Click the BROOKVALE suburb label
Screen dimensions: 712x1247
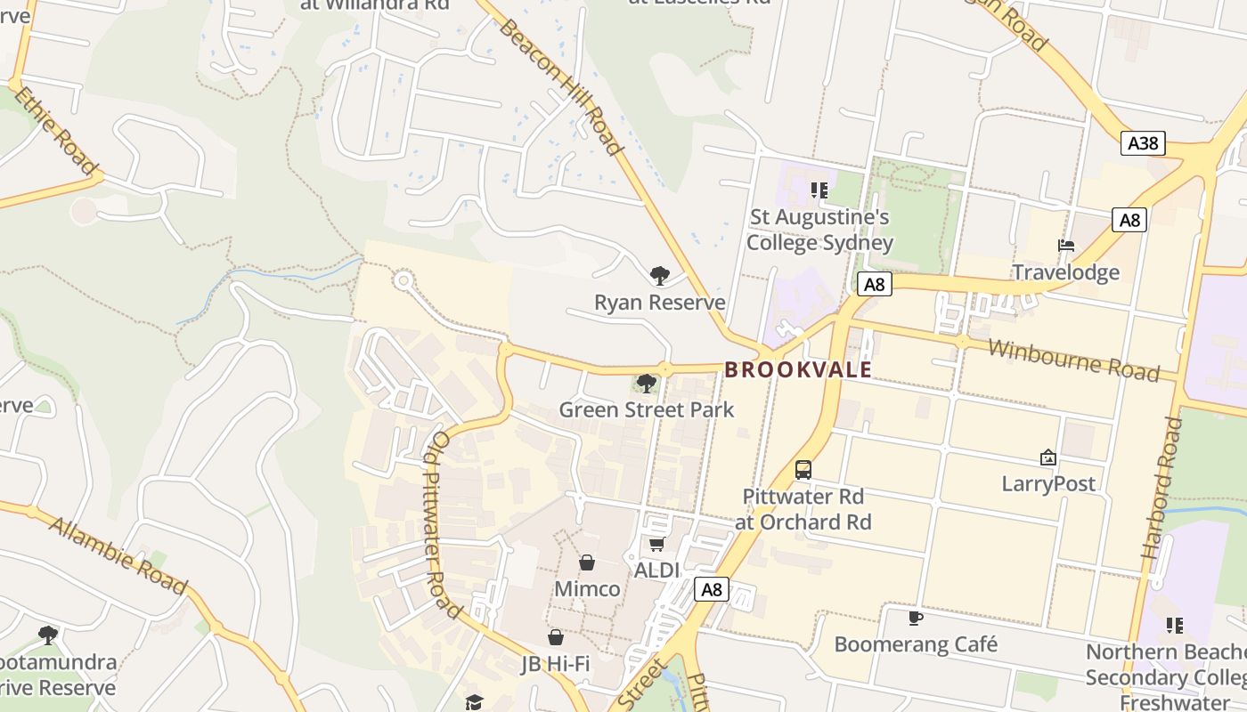797,369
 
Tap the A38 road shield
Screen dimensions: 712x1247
1142,143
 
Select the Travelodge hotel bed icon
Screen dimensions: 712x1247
1065,246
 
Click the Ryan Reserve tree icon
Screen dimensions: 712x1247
659,276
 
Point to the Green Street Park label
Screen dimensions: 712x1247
647,409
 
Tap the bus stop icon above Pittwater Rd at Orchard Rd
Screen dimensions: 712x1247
803,470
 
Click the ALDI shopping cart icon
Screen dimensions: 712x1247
656,544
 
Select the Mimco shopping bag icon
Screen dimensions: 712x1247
587,562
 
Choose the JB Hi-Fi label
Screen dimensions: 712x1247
556,664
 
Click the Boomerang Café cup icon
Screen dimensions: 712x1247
915,618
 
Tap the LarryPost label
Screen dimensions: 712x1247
1048,484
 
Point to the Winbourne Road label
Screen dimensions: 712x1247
1073,359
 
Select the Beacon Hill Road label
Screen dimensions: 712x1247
560,85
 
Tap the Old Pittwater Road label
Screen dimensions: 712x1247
443,524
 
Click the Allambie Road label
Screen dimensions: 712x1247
118,555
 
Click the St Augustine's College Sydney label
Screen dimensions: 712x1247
819,230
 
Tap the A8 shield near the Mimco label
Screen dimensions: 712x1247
711,589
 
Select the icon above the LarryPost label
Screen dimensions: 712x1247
1048,458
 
